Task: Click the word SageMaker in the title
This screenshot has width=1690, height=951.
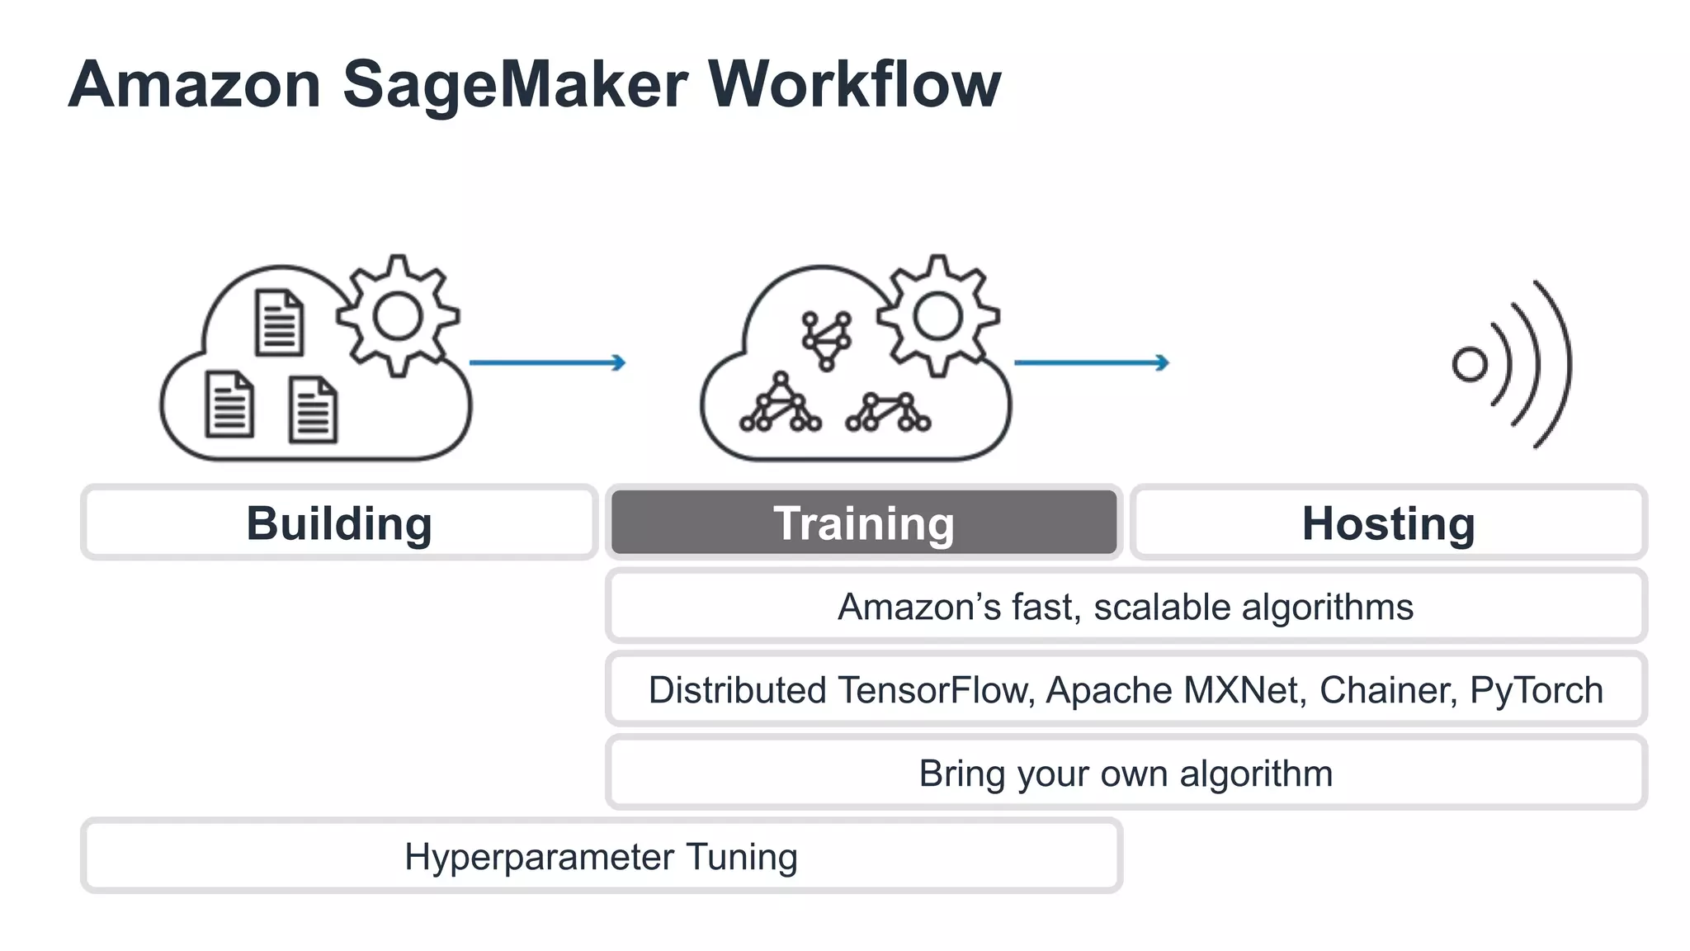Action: pos(515,84)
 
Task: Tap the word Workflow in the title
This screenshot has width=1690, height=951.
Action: pos(854,84)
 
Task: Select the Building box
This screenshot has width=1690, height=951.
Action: pos(339,523)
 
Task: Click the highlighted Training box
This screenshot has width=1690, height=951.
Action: pos(863,523)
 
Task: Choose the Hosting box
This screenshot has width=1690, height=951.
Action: pos(1388,523)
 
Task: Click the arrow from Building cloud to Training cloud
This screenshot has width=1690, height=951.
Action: pos(547,362)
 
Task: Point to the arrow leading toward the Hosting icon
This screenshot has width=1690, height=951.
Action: pos(1091,362)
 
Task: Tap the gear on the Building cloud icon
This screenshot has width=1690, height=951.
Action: pos(398,316)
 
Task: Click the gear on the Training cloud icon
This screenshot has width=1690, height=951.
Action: pos(937,316)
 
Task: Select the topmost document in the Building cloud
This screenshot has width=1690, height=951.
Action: pos(279,323)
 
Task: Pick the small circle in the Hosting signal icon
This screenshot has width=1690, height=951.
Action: pos(1469,364)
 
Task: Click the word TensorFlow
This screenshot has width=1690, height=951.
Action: pos(936,690)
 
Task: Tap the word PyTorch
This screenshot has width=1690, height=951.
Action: pos(1536,690)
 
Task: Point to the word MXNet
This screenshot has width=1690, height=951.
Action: pos(1244,690)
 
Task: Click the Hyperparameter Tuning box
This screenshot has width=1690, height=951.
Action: pos(601,856)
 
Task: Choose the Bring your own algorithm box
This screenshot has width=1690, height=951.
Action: pos(1126,774)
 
